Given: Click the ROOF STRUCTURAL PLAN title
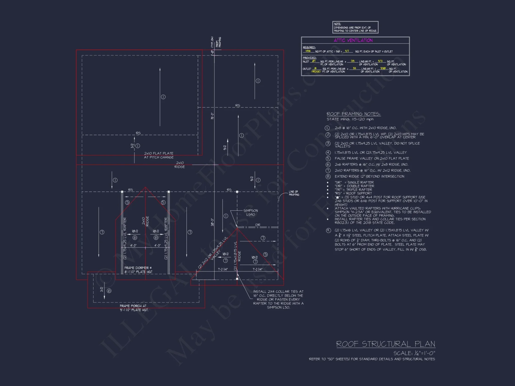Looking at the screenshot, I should click(385, 344).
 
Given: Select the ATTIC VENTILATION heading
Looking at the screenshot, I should click(353, 40).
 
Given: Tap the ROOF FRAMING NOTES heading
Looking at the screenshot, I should click(353, 114).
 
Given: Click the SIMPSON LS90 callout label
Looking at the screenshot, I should click(250, 213).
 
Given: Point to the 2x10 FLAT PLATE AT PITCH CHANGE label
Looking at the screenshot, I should click(159, 155).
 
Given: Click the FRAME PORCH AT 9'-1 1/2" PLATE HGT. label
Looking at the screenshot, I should click(134, 308).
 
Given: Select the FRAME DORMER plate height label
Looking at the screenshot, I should click(138, 270).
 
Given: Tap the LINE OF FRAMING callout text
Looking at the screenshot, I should click(294, 193).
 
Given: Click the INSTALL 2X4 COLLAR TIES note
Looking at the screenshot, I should click(278, 299).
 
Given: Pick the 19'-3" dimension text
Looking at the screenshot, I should click(212, 116).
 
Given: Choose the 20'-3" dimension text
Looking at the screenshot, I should click(212, 222).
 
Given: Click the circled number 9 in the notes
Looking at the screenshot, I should click(328, 230).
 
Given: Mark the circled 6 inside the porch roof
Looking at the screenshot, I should click(109, 291).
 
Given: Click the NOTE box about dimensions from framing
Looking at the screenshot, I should click(355, 27).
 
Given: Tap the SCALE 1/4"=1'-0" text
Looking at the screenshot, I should click(414, 353).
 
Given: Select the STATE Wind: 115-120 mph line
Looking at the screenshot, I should click(350, 119).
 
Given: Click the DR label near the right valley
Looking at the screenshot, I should click(258, 225).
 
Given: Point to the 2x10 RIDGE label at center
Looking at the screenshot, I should click(180, 165).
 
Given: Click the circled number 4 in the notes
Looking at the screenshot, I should click(328, 153).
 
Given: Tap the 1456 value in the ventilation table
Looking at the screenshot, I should click(308, 51).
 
